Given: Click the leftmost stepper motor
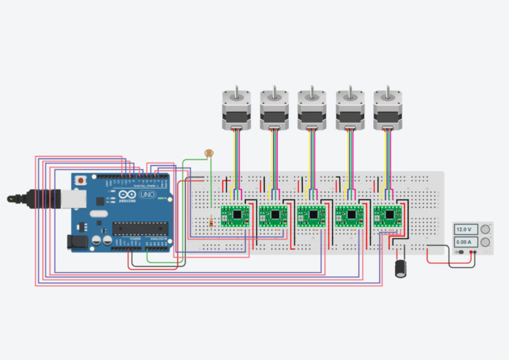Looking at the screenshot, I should pos(235,109).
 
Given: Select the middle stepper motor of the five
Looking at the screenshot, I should pos(311,109).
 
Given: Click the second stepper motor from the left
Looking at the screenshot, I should pos(273,109).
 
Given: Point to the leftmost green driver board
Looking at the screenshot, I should pos(235,213).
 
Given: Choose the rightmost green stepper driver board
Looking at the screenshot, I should pos(386,213).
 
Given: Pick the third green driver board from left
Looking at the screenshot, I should pos(310,213).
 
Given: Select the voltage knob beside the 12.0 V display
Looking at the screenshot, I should pos(484,229).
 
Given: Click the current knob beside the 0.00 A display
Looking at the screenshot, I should pos(484,243).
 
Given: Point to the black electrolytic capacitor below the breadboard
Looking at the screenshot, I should pos(400,268).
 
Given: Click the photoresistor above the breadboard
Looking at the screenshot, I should pos(210,153).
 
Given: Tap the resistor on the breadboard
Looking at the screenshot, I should pos(211,223).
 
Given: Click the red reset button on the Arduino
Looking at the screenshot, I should pos(81,180).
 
